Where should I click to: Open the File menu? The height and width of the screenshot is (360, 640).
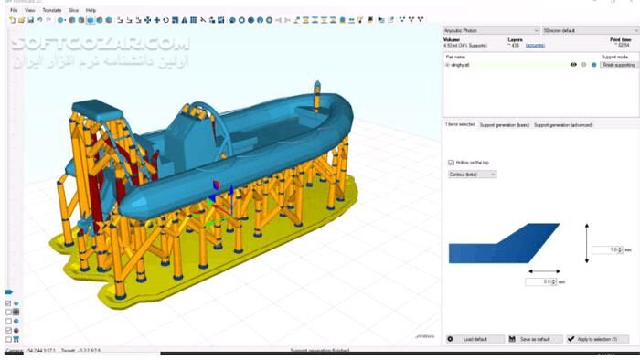(14, 10)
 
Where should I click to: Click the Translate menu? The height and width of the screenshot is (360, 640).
(52, 10)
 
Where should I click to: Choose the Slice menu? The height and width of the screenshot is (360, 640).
(73, 10)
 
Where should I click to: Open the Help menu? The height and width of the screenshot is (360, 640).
(91, 10)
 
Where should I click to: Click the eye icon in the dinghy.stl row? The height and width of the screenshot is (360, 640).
(573, 65)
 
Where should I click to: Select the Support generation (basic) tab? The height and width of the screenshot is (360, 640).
(505, 124)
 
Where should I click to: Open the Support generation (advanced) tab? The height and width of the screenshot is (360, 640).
(568, 124)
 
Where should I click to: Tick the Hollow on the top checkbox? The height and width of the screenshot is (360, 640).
(452, 163)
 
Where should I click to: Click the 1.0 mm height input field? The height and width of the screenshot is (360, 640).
(603, 249)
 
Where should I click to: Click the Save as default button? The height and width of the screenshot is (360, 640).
(534, 339)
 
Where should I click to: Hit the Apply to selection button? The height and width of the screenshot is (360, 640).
(597, 339)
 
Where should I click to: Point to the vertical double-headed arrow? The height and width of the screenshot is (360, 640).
(586, 242)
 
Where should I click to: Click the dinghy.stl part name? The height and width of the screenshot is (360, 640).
(461, 65)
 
